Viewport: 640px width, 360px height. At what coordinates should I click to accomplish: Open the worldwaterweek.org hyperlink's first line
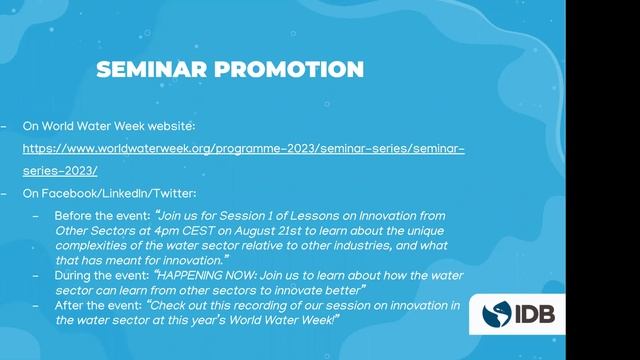point(243,149)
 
